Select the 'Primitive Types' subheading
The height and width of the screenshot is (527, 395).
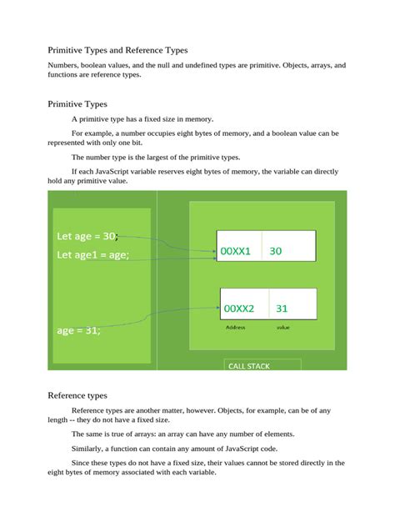(x=77, y=104)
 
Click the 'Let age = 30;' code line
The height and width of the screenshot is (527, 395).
(x=86, y=236)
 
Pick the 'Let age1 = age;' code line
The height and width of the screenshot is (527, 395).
(x=92, y=255)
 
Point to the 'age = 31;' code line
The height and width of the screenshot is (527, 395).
(x=79, y=330)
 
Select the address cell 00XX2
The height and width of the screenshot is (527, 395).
(x=239, y=309)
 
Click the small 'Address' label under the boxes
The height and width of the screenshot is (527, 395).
(x=236, y=328)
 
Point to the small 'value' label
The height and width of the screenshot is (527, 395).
(x=283, y=328)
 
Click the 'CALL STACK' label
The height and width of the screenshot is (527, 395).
(x=249, y=366)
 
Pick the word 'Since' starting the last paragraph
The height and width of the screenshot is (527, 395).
(x=81, y=463)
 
